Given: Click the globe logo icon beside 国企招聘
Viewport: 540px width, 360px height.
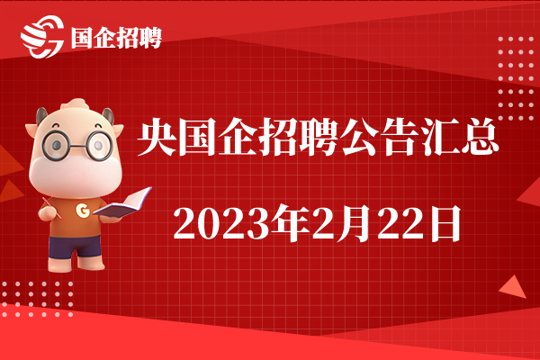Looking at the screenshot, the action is tap(42, 36).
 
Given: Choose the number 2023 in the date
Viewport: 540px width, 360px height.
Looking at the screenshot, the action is tap(220, 222).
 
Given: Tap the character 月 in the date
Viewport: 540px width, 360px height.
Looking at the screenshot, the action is tap(356, 223).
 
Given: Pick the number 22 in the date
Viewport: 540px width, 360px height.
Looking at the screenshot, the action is tap(400, 222).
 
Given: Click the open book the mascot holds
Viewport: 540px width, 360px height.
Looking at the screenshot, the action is tap(123, 203).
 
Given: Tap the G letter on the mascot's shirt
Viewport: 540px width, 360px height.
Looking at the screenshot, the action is tap(83, 210).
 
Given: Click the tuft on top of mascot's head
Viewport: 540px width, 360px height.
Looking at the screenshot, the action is tap(76, 103).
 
